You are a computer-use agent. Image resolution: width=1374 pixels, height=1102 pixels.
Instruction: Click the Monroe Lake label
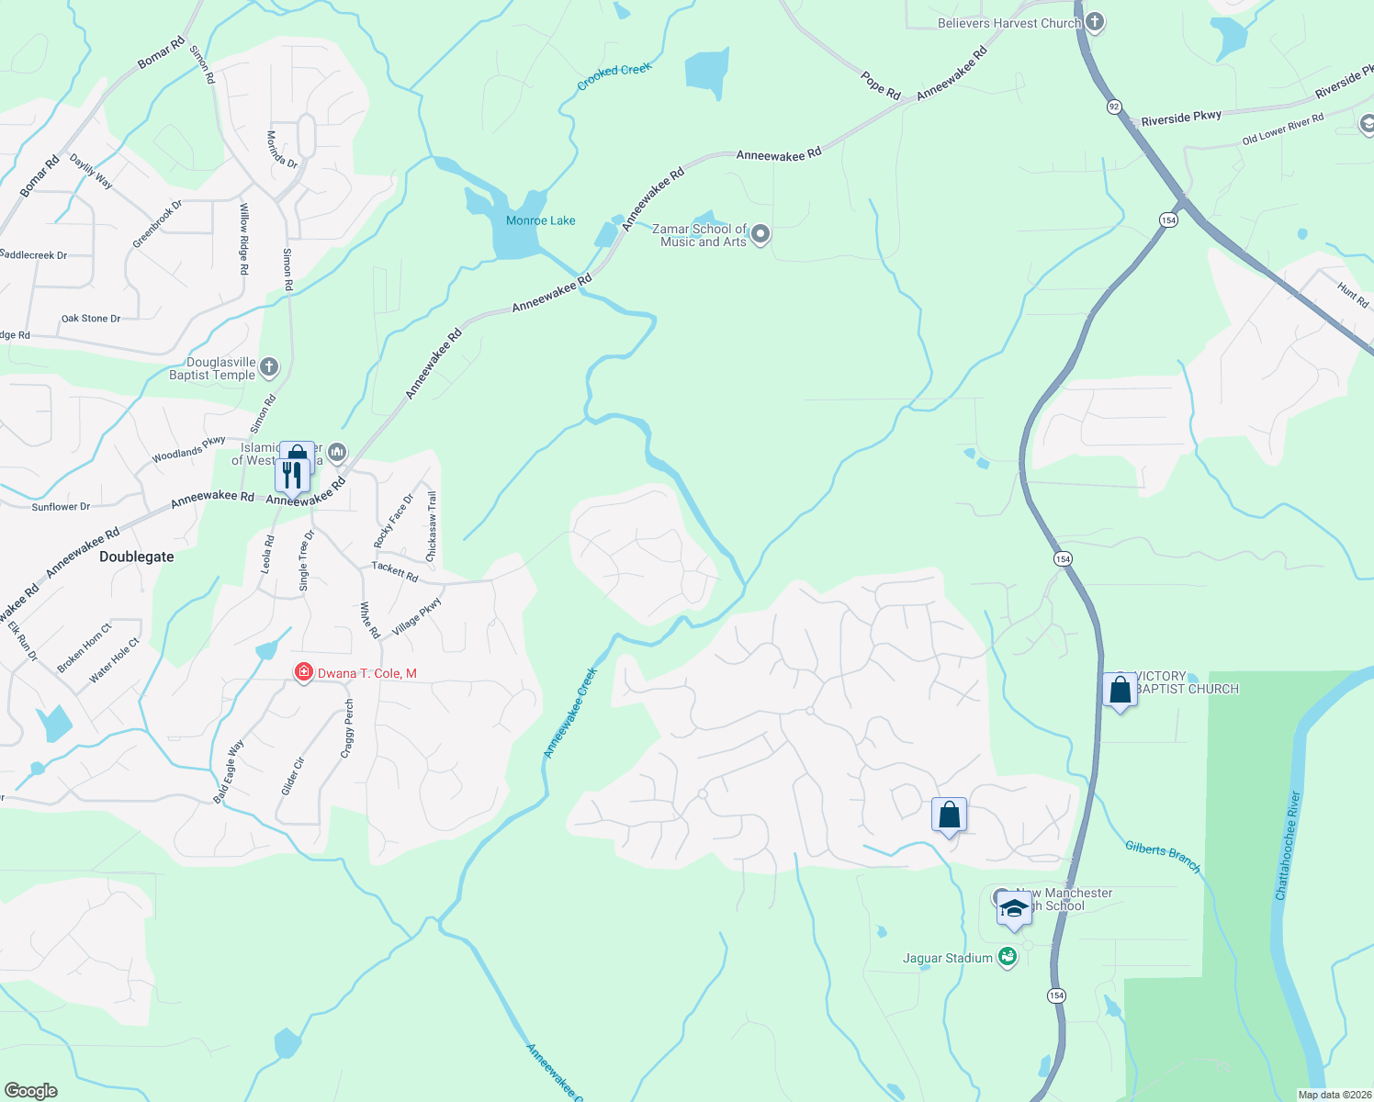(540, 220)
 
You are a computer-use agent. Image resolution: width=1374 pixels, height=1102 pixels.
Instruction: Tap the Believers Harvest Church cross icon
(1094, 22)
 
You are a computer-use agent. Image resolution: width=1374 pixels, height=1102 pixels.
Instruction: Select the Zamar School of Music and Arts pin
(760, 235)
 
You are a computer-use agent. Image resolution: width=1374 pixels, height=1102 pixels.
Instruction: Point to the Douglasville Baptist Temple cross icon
(269, 368)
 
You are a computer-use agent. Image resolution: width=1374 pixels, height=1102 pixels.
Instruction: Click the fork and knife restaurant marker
(291, 476)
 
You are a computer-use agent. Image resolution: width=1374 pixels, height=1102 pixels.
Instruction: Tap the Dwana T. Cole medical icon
(303, 673)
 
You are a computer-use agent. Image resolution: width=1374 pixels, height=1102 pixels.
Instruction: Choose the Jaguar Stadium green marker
(1008, 958)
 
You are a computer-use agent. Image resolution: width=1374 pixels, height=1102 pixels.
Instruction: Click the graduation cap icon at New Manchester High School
(1014, 908)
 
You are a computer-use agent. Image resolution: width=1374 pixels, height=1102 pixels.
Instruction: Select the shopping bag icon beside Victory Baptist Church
(1120, 690)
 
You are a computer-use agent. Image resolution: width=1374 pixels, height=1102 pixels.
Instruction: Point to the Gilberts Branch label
(1163, 856)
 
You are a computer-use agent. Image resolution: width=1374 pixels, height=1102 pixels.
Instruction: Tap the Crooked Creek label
(614, 76)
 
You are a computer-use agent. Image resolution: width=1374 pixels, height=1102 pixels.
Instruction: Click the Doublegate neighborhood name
(136, 557)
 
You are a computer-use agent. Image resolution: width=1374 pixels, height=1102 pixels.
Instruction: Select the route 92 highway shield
(1114, 107)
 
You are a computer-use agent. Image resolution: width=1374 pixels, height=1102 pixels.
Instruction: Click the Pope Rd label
(881, 84)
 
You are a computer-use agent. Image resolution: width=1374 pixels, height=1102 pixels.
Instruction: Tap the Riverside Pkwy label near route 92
(1181, 118)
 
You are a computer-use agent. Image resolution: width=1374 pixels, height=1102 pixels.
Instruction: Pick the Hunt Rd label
(1353, 296)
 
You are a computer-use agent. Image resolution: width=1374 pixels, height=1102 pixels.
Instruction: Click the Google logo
(31, 1091)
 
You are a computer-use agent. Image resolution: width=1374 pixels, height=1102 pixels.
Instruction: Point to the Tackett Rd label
(395, 572)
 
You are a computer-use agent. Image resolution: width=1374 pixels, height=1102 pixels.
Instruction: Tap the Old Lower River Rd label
(1282, 129)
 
